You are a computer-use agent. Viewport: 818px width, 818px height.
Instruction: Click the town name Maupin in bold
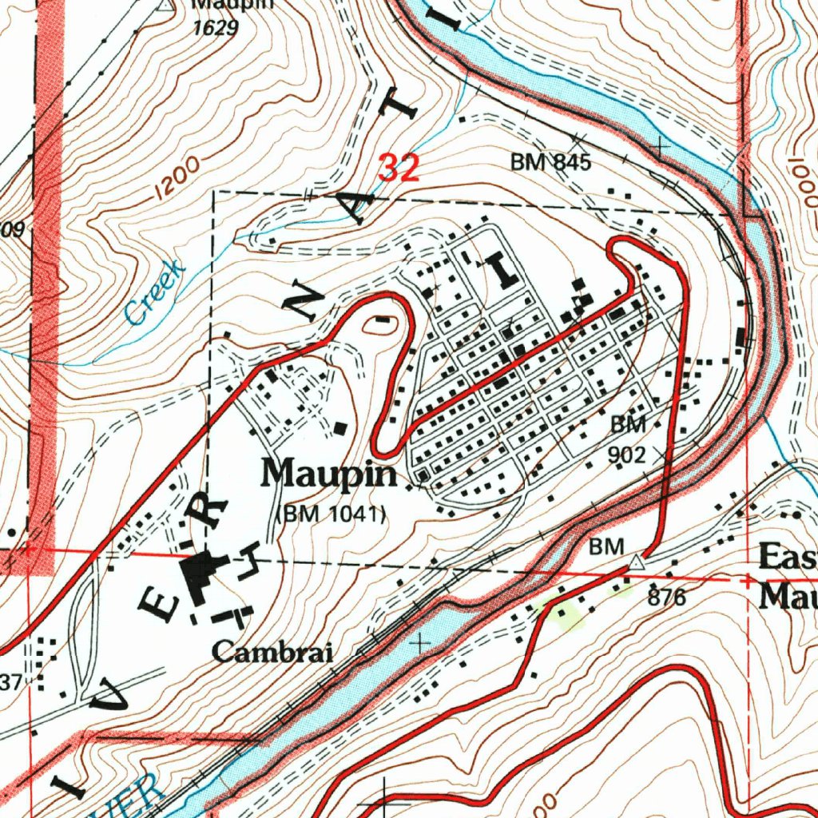click(330, 475)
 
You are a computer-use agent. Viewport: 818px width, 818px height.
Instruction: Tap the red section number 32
click(399, 168)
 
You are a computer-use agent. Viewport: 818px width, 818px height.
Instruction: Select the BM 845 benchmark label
click(550, 163)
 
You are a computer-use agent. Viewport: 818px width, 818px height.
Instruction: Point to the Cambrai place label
click(272, 653)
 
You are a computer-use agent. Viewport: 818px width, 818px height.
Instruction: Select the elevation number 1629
click(215, 29)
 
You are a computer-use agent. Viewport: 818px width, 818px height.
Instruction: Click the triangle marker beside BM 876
click(635, 562)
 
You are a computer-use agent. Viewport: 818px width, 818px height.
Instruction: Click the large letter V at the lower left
click(117, 700)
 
